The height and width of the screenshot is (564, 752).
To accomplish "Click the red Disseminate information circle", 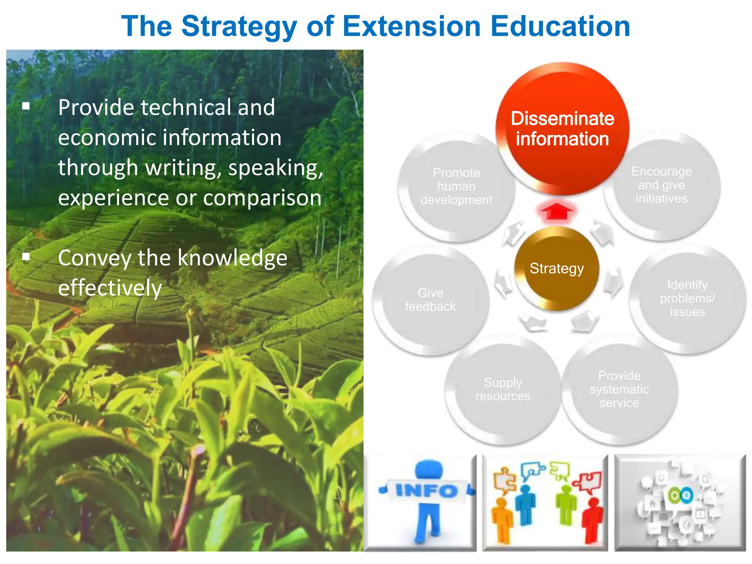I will (x=562, y=129).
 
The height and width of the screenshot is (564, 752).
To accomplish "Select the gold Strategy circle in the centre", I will (x=557, y=268).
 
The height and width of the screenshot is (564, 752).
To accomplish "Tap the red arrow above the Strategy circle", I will (x=557, y=211).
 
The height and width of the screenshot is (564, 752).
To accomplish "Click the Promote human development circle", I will (x=456, y=187).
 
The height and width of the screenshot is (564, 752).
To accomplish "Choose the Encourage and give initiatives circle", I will (x=661, y=185).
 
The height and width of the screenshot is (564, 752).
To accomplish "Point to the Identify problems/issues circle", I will (x=687, y=298).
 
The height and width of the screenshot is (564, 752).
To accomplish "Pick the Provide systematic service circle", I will (x=619, y=389).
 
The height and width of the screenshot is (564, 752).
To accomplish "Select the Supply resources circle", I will (x=503, y=389).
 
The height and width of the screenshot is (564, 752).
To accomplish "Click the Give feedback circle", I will (x=430, y=300).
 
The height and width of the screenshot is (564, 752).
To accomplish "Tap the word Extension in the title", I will (x=411, y=26).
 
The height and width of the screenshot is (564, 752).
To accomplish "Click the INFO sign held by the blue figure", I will (x=426, y=491).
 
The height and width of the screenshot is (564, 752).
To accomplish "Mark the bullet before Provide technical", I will (x=26, y=106).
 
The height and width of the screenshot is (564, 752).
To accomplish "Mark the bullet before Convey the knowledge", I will (x=26, y=256).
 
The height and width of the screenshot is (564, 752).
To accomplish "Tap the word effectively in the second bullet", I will (x=110, y=288).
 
